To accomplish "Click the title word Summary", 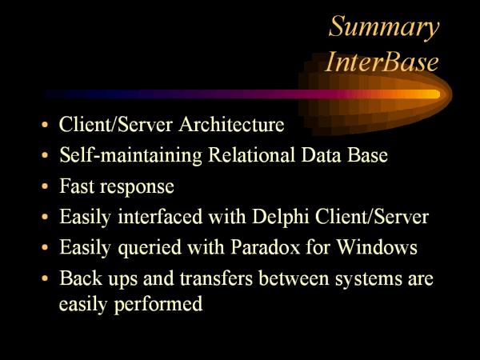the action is [x=384, y=27].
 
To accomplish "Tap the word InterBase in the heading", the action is [x=382, y=62].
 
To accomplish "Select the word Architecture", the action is [x=232, y=125].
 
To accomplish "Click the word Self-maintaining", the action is [x=130, y=155].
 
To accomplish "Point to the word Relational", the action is [x=251, y=154].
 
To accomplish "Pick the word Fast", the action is [x=77, y=186].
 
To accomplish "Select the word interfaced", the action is [x=161, y=217].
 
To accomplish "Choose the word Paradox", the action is [x=266, y=246].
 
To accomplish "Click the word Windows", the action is [x=377, y=246].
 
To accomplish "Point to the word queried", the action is [x=150, y=248].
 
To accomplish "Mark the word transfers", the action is [x=216, y=278].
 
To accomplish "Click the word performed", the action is [x=158, y=305].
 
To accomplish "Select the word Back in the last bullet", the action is [x=81, y=278].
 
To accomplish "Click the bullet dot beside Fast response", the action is [x=45, y=186].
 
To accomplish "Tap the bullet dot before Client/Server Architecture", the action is [x=45, y=125].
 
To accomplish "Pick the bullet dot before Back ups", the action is [x=45, y=278].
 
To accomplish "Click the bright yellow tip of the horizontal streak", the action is [x=436, y=94].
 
